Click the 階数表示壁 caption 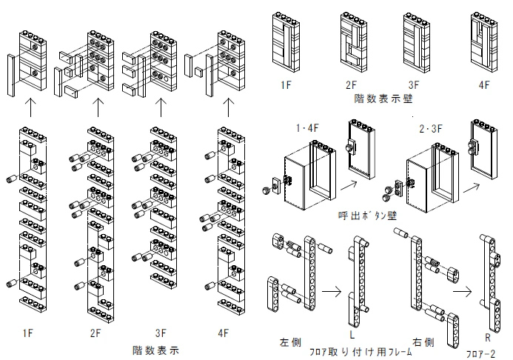click(x=383, y=99)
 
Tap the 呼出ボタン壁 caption click(x=367, y=216)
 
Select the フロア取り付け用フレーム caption click(x=361, y=352)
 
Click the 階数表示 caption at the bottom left click(x=155, y=350)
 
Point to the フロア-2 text click(x=480, y=353)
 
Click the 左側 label click(x=290, y=342)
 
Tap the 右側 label click(x=423, y=342)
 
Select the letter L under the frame click(x=352, y=334)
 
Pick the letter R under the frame click(x=488, y=338)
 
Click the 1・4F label click(x=307, y=128)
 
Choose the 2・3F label click(x=431, y=129)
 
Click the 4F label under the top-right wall click(x=484, y=85)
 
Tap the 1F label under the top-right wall click(x=286, y=85)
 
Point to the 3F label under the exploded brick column click(x=161, y=333)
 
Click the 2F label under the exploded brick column click(x=95, y=333)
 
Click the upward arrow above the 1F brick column click(x=30, y=107)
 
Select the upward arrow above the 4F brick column click(x=228, y=107)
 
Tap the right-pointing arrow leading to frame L click(x=332, y=290)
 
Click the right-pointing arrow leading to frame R click(x=462, y=291)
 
